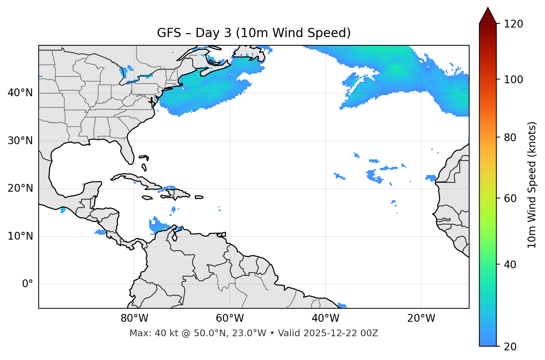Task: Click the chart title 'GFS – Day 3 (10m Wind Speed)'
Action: [254, 33]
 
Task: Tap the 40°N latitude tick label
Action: [20, 93]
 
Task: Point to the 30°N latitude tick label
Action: [20, 141]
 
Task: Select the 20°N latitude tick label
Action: [20, 188]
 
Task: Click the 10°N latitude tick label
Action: [20, 236]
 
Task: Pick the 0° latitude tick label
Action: [28, 284]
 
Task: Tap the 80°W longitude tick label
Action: [134, 318]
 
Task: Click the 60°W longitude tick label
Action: [230, 318]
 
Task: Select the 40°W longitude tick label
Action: [325, 318]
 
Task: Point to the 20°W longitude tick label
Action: [421, 318]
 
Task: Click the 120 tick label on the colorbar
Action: [513, 24]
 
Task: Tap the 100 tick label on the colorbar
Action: [513, 80]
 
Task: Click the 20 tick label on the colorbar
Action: [510, 347]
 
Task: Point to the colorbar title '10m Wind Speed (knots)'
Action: [532, 185]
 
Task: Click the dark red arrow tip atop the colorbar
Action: [488, 15]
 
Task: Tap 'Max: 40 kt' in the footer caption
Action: [147, 333]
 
